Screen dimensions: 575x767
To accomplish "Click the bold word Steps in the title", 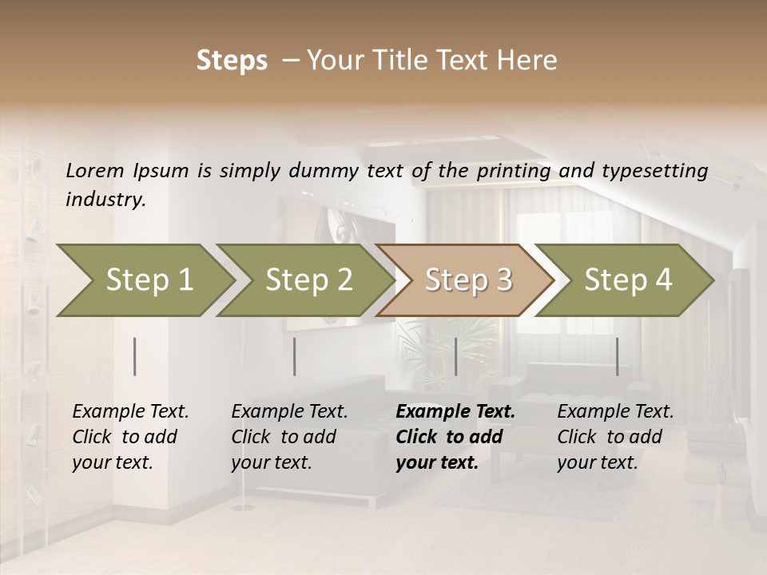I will tap(232, 61).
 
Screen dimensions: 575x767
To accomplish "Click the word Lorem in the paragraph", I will tap(95, 170).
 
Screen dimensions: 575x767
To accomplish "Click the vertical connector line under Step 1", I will tap(135, 356).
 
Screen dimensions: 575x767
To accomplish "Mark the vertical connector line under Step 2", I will tap(295, 356).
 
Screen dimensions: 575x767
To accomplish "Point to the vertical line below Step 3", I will tap(455, 356).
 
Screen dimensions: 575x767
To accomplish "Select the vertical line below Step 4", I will tap(617, 356).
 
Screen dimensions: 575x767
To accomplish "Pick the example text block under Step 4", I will tap(615, 437).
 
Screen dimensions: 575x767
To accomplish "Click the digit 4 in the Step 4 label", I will tap(663, 280).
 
